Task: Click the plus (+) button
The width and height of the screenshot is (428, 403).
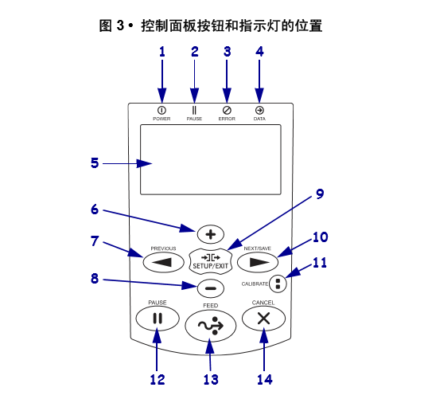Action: pyautogui.click(x=211, y=234)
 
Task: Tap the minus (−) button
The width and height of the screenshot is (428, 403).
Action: pyautogui.click(x=211, y=288)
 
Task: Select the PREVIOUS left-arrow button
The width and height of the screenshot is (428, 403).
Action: pyautogui.click(x=164, y=262)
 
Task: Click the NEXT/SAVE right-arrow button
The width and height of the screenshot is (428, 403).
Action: pyautogui.click(x=258, y=262)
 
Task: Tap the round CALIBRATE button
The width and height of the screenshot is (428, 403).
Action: pyautogui.click(x=278, y=284)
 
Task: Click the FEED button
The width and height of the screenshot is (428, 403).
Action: pyautogui.click(x=211, y=326)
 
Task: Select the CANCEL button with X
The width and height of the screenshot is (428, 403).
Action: pyautogui.click(x=263, y=319)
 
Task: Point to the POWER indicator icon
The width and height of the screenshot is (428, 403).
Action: pyautogui.click(x=161, y=111)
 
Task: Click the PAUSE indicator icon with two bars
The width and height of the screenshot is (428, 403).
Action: pyautogui.click(x=194, y=111)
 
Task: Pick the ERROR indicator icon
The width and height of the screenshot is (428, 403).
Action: pyautogui.click(x=227, y=111)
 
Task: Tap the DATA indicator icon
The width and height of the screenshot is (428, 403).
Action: pyautogui.click(x=259, y=111)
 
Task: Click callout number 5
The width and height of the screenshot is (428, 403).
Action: pyautogui.click(x=95, y=162)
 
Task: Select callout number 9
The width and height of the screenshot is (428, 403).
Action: pyautogui.click(x=320, y=194)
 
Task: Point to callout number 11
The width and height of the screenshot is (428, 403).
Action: pyautogui.click(x=320, y=263)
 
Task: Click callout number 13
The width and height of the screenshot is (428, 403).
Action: pyautogui.click(x=211, y=379)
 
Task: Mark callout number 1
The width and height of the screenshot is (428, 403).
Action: pyautogui.click(x=162, y=52)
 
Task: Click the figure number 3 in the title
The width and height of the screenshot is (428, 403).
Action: pyautogui.click(x=120, y=25)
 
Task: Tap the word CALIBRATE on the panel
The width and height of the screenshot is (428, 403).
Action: pyautogui.click(x=255, y=284)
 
